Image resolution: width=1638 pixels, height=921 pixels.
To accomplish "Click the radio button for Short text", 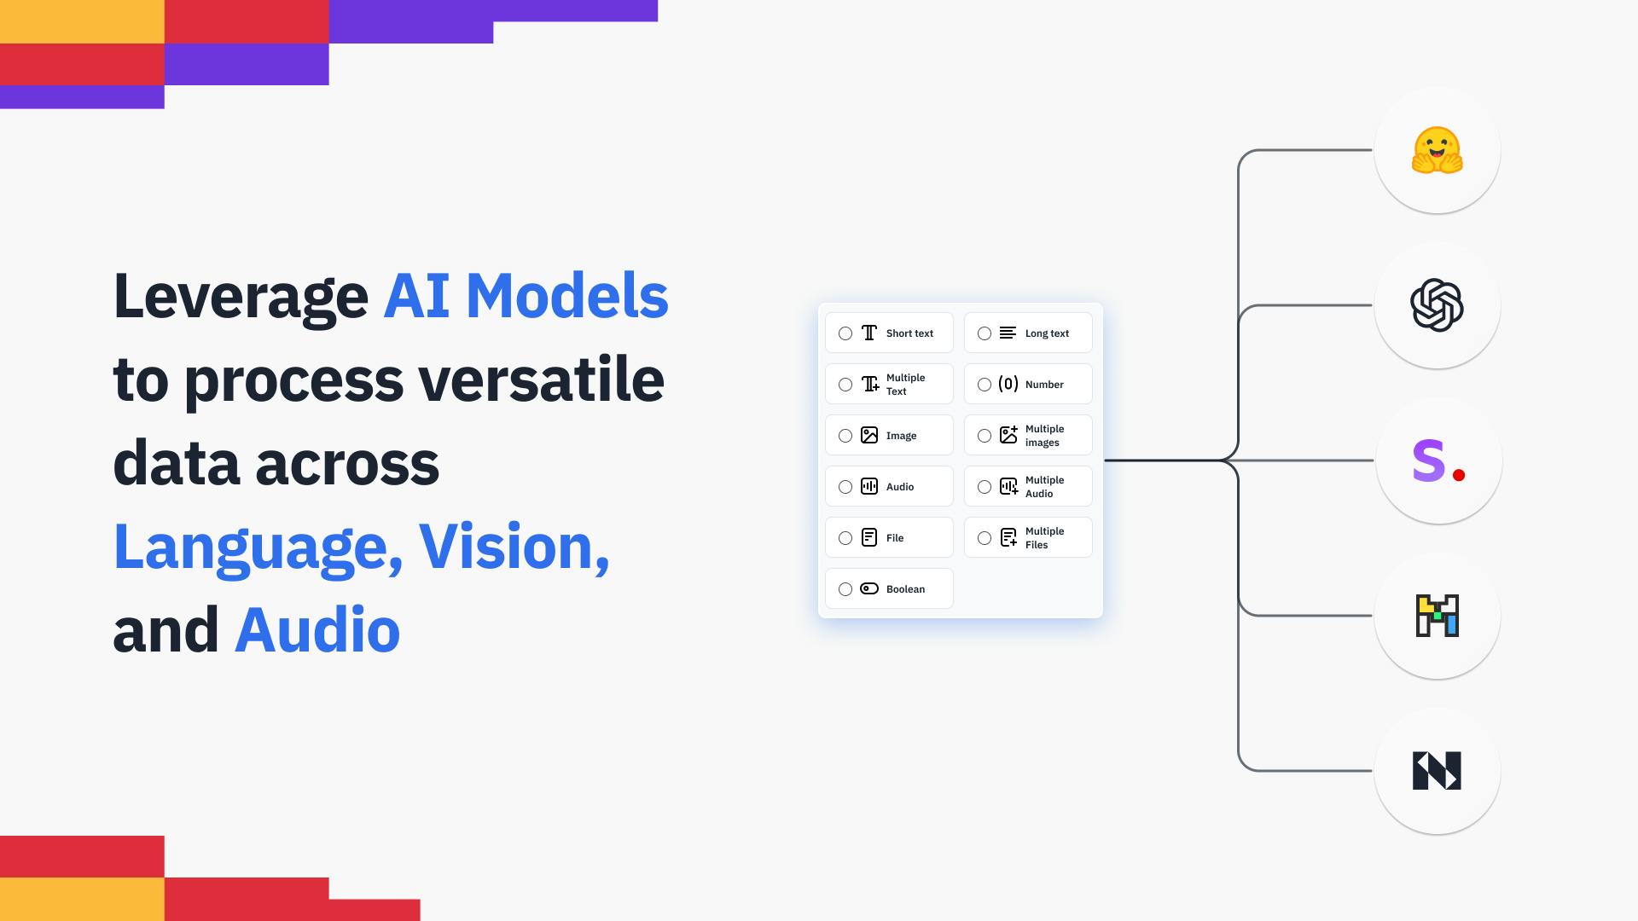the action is click(845, 333).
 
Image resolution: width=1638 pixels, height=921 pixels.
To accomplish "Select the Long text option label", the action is click(1047, 333).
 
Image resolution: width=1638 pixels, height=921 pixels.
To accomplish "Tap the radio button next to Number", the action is click(985, 385).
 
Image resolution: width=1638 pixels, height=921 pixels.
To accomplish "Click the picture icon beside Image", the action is click(869, 435).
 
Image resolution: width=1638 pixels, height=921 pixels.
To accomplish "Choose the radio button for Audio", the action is click(845, 487).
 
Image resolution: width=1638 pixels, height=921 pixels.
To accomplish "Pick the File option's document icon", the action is click(869, 537).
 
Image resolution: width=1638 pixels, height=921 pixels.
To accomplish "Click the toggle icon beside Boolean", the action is click(869, 588).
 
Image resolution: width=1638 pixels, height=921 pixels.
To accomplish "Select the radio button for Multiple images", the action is click(985, 436).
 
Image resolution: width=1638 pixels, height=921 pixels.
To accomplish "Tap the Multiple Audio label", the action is click(1044, 487).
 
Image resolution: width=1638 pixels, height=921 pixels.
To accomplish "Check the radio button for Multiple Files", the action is click(985, 538).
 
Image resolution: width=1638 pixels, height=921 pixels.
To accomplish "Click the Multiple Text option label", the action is click(905, 385).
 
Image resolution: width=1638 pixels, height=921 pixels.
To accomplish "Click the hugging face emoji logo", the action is click(1438, 150).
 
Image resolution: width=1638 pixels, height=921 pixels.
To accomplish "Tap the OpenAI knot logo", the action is click(1438, 305).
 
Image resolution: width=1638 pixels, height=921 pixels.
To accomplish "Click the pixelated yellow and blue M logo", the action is click(1438, 616).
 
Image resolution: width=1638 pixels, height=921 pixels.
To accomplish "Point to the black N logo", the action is click(1438, 771).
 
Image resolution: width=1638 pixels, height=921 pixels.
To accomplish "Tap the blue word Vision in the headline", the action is click(514, 547).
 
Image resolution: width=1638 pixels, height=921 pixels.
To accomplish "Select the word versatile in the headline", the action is click(542, 379).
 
